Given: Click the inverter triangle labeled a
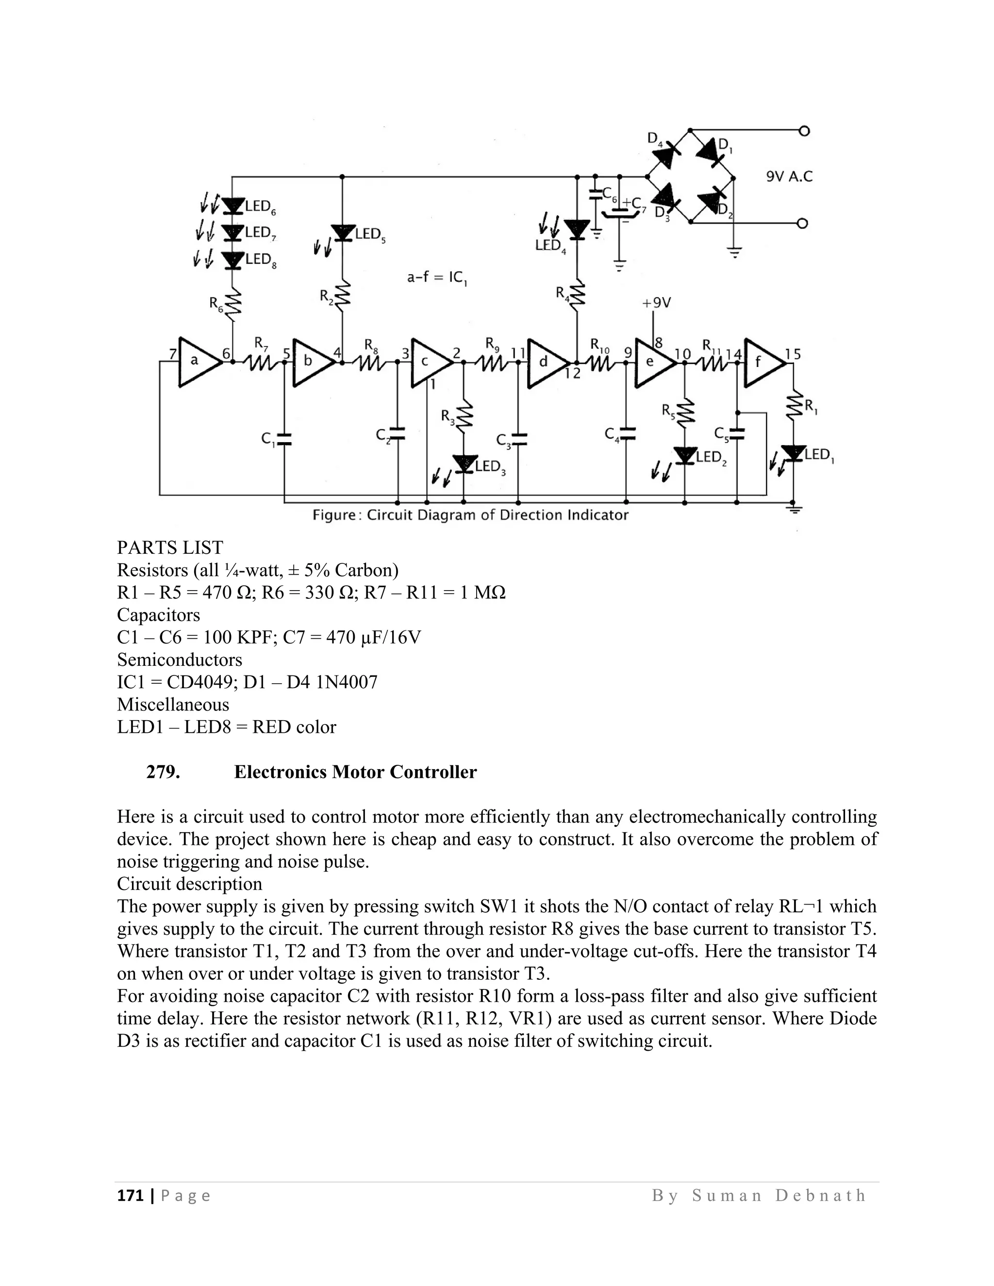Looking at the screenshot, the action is coord(199,362).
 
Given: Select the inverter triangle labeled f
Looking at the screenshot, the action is coord(763,363).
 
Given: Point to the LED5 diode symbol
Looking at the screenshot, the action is coord(342,232).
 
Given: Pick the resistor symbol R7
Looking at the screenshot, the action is coord(259,362).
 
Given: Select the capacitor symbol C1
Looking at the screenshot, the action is coord(284,438).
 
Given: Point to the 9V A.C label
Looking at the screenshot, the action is coord(789,177).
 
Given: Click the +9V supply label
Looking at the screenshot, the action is coord(656,303).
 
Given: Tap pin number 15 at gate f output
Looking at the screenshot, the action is coord(793,354).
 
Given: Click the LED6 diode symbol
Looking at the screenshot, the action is coord(234,205).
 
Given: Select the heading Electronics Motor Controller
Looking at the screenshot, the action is coord(355,772).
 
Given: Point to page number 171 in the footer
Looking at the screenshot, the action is coord(130,1195).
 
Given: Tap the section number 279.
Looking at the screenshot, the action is coord(163,772).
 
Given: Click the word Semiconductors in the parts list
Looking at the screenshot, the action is coord(180,659).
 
